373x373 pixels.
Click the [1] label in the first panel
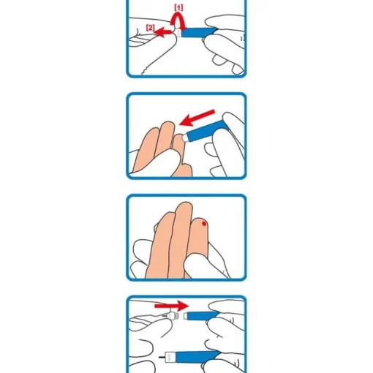(178, 8)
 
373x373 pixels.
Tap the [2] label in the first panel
(151, 28)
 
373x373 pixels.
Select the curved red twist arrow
(178, 21)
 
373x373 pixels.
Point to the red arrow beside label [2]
(163, 32)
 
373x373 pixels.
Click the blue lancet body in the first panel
(199, 33)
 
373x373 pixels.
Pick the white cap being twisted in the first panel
(178, 32)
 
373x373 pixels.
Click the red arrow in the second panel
(197, 118)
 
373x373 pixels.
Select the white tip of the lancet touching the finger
(186, 137)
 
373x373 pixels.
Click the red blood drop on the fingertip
(204, 223)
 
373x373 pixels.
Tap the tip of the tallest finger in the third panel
(185, 206)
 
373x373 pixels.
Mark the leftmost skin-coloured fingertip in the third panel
(166, 217)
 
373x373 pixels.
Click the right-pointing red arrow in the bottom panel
(172, 306)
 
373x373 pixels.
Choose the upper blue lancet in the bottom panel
(202, 316)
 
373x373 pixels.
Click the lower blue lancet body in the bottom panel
(197, 357)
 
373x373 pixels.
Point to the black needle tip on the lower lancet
(162, 358)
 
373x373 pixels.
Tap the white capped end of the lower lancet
(170, 358)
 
